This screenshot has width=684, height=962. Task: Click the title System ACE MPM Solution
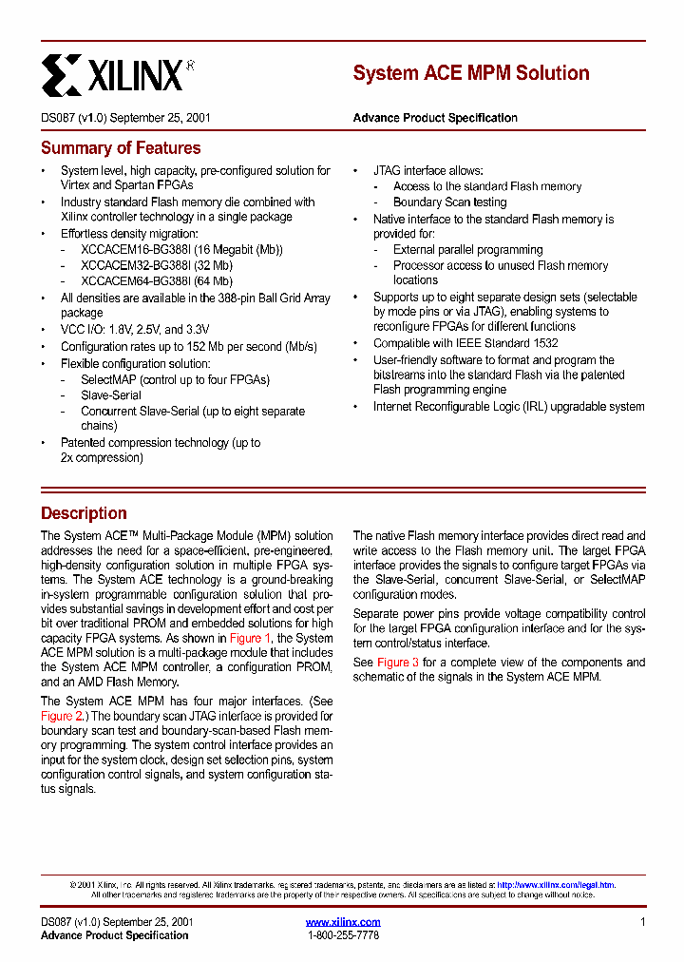click(x=471, y=73)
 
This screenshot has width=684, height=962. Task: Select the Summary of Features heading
click(x=121, y=148)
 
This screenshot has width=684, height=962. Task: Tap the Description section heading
click(x=84, y=513)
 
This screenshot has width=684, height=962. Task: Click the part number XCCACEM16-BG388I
click(x=135, y=250)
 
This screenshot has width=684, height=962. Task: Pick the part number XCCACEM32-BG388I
click(x=135, y=265)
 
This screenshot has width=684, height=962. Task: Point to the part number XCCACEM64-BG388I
click(x=135, y=281)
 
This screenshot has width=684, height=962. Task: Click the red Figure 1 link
click(x=251, y=639)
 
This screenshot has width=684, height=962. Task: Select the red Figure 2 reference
click(x=63, y=716)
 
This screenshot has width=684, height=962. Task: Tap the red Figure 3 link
click(x=398, y=663)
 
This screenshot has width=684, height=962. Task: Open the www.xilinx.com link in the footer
click(x=343, y=922)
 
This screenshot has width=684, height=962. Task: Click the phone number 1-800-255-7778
click(x=343, y=935)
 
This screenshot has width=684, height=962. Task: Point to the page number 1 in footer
click(x=642, y=922)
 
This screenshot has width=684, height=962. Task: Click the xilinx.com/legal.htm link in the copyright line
click(x=556, y=885)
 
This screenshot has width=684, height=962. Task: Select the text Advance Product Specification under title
click(x=435, y=118)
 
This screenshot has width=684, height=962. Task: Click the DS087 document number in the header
click(x=57, y=118)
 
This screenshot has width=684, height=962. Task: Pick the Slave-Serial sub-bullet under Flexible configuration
click(x=111, y=395)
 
